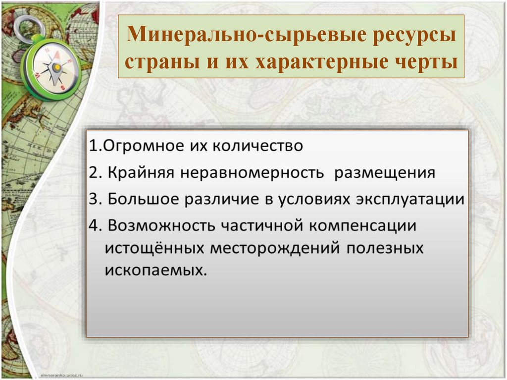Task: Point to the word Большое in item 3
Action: click(143, 199)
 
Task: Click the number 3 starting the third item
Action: click(94, 199)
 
